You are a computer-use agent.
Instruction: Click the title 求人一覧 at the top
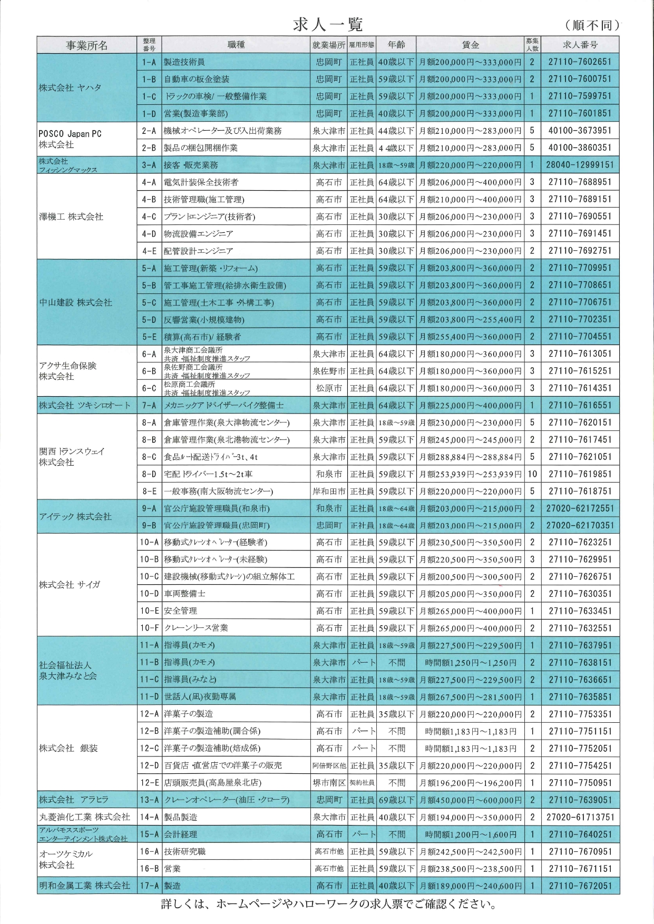(x=327, y=24)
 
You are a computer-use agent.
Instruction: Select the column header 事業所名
(x=86, y=45)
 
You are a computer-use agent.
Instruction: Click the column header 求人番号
(x=580, y=45)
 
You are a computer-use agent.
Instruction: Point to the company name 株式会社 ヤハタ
(x=70, y=87)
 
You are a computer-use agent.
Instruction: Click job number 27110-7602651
(x=580, y=62)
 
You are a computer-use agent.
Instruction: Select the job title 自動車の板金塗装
(x=197, y=79)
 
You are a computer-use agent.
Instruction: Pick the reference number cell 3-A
(x=149, y=165)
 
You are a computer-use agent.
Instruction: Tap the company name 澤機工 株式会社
(x=71, y=217)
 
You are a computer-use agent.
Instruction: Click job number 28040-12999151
(x=580, y=165)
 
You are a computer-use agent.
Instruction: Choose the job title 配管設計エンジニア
(x=198, y=251)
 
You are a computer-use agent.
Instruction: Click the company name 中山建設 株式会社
(x=76, y=302)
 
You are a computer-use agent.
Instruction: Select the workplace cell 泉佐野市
(x=329, y=371)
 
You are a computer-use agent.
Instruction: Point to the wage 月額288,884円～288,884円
(x=470, y=457)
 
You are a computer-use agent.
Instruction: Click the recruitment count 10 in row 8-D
(x=532, y=474)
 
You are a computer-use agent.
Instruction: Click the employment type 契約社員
(x=362, y=783)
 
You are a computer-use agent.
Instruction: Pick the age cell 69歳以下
(x=396, y=800)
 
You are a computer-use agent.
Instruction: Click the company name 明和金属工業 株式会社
(x=84, y=886)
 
